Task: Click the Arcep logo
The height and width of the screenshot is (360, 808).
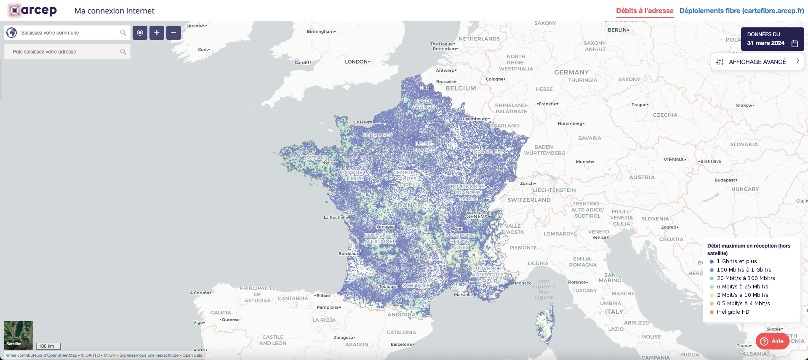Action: pos(32,11)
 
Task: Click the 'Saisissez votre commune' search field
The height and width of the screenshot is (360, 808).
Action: pos(67,33)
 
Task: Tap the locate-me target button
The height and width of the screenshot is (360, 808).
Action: pos(140,33)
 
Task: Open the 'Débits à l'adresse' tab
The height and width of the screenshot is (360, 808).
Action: pos(645,11)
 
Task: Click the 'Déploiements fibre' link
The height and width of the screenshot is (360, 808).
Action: pos(741,11)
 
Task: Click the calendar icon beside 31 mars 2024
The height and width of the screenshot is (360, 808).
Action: pos(795,43)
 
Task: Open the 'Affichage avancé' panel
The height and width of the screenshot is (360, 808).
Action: pos(757,61)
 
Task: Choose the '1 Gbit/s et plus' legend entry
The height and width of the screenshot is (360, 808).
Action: pos(736,261)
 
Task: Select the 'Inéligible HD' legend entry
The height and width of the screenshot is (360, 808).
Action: pos(733,312)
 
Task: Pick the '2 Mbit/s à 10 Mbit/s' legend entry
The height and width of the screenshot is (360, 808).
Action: pos(742,295)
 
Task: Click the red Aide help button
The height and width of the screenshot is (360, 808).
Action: pos(772,341)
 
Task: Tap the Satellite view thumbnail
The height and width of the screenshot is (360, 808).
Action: pos(19,335)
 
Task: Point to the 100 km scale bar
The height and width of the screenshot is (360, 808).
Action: pos(48,346)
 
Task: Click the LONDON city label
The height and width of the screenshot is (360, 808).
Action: pos(356,62)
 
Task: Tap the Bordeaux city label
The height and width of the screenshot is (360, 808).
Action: pos(349,253)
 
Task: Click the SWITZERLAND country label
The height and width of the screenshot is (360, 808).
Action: pos(529,200)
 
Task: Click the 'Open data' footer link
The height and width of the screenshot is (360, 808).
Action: pos(192,355)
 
